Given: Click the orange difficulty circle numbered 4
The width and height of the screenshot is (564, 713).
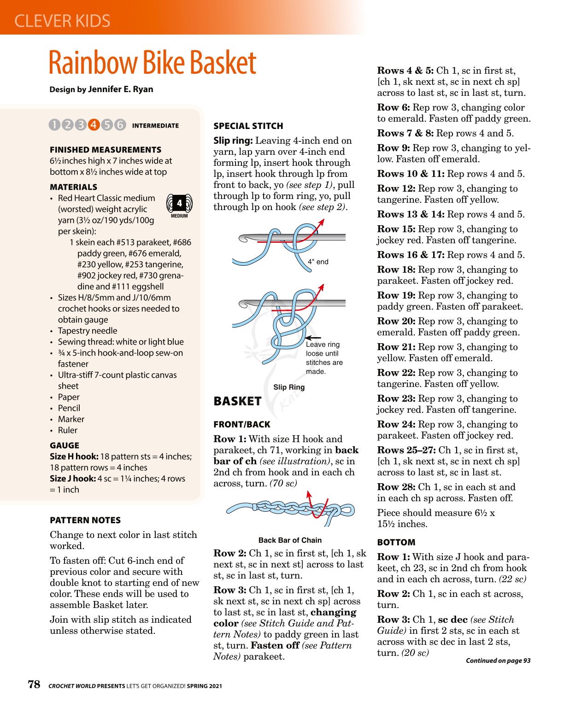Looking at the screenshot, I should coord(94,125).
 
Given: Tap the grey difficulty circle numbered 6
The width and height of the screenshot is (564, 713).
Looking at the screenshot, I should coord(120,125).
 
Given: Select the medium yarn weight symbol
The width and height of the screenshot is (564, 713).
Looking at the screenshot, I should coord(179,205).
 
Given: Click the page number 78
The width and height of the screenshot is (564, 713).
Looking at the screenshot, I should coord(34,684).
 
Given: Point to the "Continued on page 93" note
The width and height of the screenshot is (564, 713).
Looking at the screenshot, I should coord(498,660).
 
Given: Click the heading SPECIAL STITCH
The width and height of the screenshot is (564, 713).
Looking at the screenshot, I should coord(248,126).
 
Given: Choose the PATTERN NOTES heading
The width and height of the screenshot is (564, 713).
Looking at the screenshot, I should coord(85,520).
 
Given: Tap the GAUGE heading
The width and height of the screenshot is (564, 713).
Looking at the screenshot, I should coord(65,445).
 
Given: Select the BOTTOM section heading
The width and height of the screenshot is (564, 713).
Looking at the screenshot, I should coord(396,543).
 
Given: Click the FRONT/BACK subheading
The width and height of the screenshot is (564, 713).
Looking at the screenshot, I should coord(242,425).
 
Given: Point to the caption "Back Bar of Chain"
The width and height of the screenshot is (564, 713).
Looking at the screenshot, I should coord(290,540).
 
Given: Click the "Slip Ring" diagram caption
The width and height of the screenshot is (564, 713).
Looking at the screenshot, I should coord(289,387).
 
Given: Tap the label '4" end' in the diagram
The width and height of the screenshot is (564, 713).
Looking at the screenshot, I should coord(318,262).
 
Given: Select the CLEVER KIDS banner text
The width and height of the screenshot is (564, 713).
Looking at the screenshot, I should coord(62,21).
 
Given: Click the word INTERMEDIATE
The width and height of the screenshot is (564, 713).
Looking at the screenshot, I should coord(155,126).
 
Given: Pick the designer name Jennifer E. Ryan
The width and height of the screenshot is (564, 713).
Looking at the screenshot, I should coord(120,89).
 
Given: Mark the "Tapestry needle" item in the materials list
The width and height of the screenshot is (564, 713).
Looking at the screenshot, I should coord(88,331).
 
